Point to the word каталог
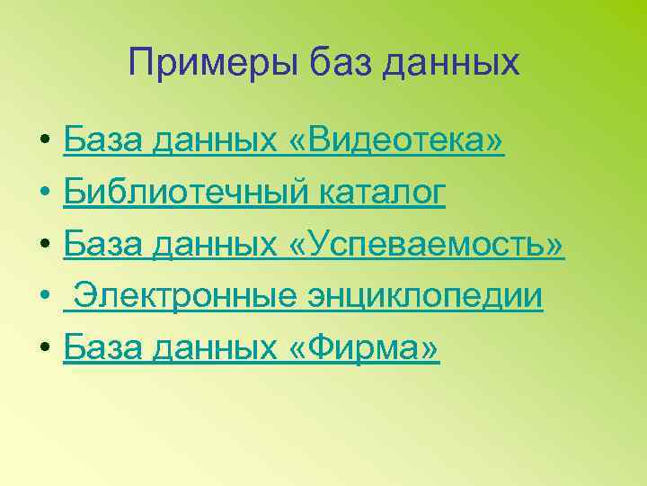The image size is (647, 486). (x=380, y=193)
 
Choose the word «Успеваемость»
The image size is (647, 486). (x=427, y=244)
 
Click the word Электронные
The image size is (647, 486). (x=184, y=296)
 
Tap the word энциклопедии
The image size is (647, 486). (x=424, y=296)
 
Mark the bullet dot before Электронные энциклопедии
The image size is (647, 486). (x=42, y=298)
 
